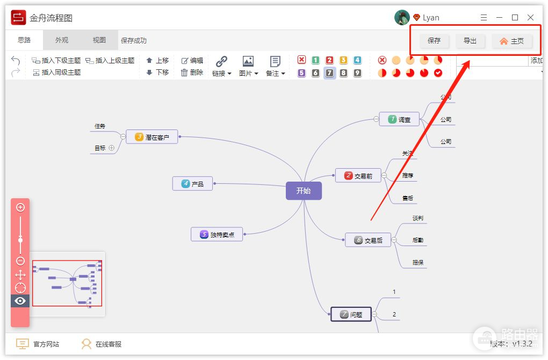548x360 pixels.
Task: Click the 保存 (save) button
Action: pos(434,41)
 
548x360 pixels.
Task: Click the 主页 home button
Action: pos(511,41)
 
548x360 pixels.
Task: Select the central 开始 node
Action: pos(304,191)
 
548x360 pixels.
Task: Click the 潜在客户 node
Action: pos(152,137)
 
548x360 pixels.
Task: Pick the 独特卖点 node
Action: pos(217,234)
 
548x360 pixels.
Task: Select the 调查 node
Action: pos(399,119)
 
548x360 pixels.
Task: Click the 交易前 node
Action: pos(358,176)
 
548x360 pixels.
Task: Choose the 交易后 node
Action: pos(368,240)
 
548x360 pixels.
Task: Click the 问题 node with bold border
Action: pos(351,314)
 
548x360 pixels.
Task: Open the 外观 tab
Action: pos(62,40)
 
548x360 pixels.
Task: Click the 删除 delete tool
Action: pos(192,73)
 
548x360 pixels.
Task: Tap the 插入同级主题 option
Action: pos(56,73)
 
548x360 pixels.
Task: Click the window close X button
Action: pos(531,18)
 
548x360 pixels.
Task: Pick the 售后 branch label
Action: pos(408,198)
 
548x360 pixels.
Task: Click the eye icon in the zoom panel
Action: pos(20,301)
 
